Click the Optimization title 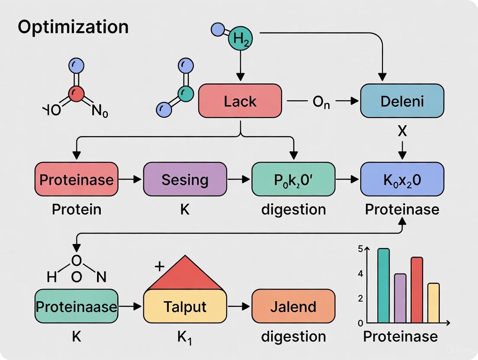tap(73, 27)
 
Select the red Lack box tap(240, 101)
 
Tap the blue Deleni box tap(402, 101)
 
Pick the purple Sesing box tap(185, 179)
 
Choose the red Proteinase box tap(76, 179)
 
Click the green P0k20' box tap(293, 179)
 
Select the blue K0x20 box tap(402, 179)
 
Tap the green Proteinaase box tap(76, 306)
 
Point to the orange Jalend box tap(293, 306)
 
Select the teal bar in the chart tap(383, 286)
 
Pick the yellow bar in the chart tap(433, 303)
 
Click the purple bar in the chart tap(400, 298)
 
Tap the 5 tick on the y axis tap(360, 249)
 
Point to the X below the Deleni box tap(402, 131)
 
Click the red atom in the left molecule tap(77, 93)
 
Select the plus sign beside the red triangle tap(159, 266)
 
